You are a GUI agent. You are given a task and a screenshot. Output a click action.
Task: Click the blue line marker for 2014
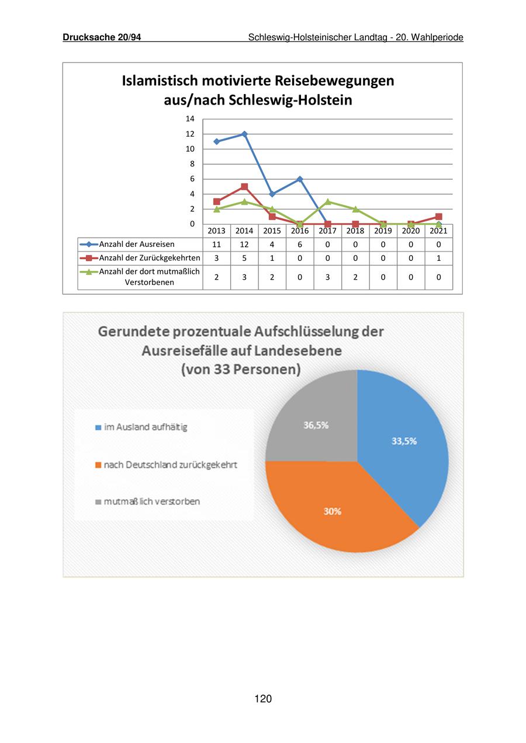(244, 134)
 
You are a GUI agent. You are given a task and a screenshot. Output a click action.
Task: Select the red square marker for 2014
(244, 187)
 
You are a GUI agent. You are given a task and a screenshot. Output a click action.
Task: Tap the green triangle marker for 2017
(328, 201)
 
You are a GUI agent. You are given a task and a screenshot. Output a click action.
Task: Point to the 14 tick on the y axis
(190, 119)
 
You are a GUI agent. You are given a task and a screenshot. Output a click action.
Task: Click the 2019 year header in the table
(383, 231)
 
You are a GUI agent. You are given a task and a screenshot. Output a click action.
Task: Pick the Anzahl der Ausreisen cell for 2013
(217, 245)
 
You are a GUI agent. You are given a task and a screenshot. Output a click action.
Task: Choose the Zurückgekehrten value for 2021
(438, 258)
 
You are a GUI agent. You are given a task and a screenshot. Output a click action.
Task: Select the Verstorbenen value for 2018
(355, 277)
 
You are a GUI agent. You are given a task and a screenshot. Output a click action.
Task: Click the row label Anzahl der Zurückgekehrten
(150, 258)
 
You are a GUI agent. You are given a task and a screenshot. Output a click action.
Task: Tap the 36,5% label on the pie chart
(316, 425)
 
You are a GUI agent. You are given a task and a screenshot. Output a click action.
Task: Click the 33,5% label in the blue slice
(404, 441)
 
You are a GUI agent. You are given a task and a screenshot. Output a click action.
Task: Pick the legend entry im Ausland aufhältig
(146, 427)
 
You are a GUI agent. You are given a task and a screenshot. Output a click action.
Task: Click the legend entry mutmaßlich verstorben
(152, 501)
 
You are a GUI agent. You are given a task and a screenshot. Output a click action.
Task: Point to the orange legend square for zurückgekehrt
(98, 465)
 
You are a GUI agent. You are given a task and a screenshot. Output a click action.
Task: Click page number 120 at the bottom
(263, 699)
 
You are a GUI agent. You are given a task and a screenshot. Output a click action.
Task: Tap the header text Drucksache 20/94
(102, 37)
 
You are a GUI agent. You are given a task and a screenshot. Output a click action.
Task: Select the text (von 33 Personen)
(241, 369)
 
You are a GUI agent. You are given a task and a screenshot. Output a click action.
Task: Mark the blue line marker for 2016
(300, 179)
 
